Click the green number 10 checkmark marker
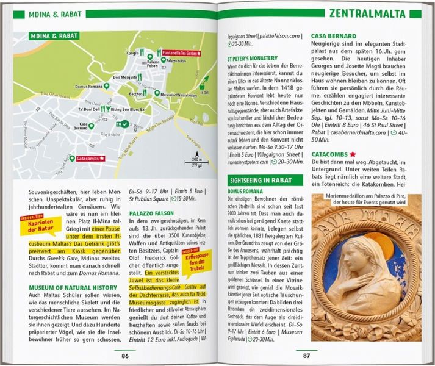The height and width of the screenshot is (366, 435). tap(123, 124)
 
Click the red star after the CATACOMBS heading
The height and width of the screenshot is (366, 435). tap(353, 154)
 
